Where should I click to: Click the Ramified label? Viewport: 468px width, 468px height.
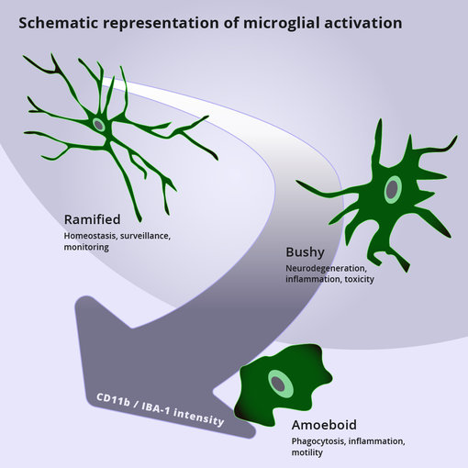click(x=92, y=219)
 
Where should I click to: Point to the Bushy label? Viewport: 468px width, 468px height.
click(x=305, y=252)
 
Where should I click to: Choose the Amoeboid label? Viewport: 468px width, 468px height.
click(x=324, y=425)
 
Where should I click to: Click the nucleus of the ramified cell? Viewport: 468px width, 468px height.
click(x=98, y=124)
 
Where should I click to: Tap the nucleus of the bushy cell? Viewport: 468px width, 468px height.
click(x=393, y=189)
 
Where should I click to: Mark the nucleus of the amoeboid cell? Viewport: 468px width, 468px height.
click(x=277, y=382)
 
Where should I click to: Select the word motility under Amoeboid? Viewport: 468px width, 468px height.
click(x=308, y=452)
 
